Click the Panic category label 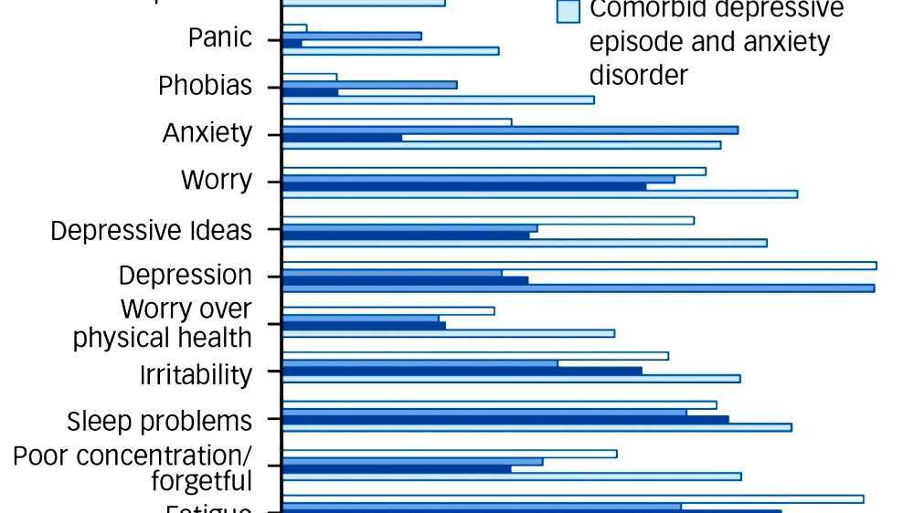tap(219, 37)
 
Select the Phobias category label tap(205, 86)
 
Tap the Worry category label tap(216, 180)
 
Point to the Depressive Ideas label tap(151, 230)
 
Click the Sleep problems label tap(159, 421)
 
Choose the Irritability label tap(195, 374)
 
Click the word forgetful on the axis tap(201, 481)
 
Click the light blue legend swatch tap(569, 12)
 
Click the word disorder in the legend tap(638, 75)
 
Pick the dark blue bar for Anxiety tap(342, 138)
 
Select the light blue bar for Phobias tap(438, 99)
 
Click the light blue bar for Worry tap(539, 194)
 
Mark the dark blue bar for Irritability tap(462, 371)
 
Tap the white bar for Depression tap(579, 266)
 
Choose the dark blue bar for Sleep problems tap(505, 420)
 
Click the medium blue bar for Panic tap(352, 36)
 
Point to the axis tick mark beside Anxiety tap(272, 134)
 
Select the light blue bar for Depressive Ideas tap(524, 243)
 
